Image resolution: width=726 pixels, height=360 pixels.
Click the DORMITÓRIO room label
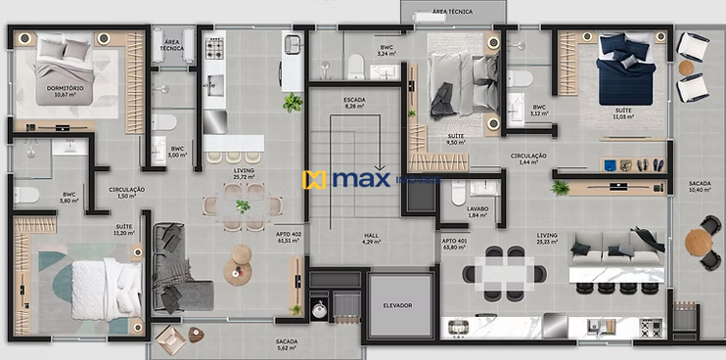(x=65, y=90)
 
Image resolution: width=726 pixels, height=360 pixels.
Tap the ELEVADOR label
(x=397, y=305)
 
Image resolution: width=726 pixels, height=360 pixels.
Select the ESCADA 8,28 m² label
(x=354, y=103)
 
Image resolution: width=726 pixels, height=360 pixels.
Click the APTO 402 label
(x=290, y=238)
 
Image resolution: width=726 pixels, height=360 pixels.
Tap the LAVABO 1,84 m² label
(x=477, y=211)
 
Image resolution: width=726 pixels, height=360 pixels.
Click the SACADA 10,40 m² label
(x=700, y=187)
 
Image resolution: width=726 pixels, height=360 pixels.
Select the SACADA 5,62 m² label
(x=286, y=344)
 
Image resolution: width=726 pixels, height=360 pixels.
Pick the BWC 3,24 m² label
(x=387, y=50)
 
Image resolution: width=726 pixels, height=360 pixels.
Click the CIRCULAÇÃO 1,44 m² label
(x=528, y=158)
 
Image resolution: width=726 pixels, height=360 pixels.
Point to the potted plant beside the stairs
(x=292, y=102)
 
